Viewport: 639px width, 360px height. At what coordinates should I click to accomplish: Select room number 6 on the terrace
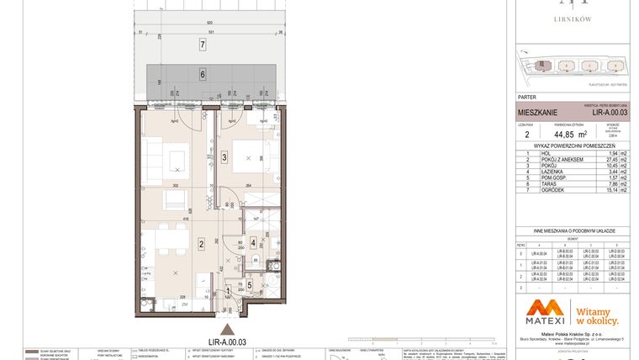202,74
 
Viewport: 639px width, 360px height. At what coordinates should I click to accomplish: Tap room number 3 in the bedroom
224,157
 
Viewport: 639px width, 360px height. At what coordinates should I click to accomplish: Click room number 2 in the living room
202,245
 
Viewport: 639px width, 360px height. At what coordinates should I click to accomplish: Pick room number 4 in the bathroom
252,244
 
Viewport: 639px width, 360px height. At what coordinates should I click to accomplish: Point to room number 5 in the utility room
250,285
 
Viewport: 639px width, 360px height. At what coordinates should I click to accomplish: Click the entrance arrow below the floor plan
224,330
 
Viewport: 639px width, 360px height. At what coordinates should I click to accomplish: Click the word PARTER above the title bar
526,98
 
